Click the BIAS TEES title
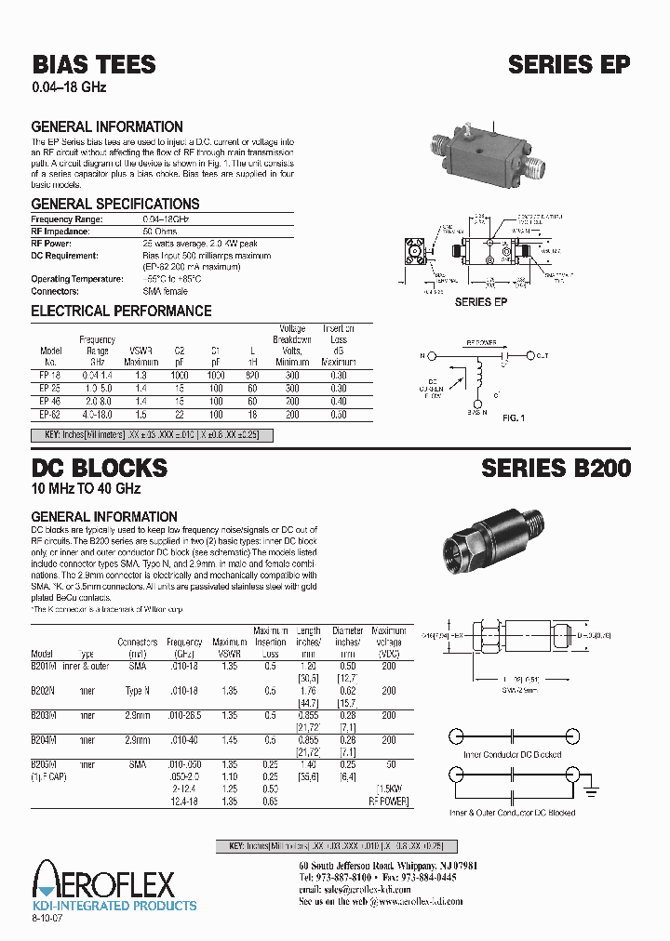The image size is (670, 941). click(x=94, y=64)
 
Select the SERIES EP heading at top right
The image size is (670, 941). click(x=569, y=64)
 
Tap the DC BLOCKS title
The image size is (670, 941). click(x=100, y=468)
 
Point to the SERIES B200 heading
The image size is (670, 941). click(x=556, y=468)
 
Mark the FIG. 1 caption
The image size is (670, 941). click(x=514, y=418)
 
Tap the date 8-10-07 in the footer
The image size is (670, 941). click(x=49, y=918)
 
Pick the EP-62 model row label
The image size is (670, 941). click(x=50, y=415)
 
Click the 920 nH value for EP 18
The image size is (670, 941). click(x=251, y=374)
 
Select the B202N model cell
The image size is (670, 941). click(x=44, y=691)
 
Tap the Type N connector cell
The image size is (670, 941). click(x=137, y=691)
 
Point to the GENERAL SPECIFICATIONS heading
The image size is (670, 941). click(x=115, y=204)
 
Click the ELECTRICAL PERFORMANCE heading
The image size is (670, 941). click(x=121, y=311)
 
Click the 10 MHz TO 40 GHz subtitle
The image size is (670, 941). click(x=86, y=489)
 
